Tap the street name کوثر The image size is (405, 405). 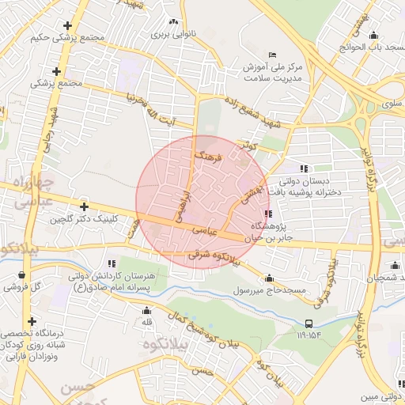click(250, 146)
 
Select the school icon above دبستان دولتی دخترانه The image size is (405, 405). click(303, 168)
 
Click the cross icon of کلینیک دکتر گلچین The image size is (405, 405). click(84, 206)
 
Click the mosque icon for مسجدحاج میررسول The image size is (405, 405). click(270, 278)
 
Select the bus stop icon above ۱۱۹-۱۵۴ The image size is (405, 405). click(308, 323)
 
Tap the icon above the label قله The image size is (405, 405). click(146, 310)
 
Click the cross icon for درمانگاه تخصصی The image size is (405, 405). click(31, 321)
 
